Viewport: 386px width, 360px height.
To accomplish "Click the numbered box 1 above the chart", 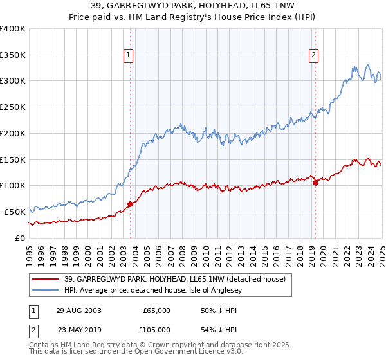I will [x=129, y=56].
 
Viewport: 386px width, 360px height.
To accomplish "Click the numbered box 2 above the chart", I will [x=314, y=56].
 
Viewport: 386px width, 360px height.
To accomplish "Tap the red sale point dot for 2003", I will [x=130, y=204].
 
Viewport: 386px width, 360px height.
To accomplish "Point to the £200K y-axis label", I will [x=13, y=133].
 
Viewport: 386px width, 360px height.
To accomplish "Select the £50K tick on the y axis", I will [x=15, y=212].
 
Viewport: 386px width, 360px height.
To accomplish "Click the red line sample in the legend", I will [x=46, y=278].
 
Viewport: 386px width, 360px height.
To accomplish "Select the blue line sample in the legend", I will [x=46, y=289].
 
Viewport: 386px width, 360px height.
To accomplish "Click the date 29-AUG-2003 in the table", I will [x=78, y=310].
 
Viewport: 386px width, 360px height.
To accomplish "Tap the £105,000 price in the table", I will [x=156, y=329].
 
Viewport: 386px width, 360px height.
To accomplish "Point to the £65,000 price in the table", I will [x=156, y=310].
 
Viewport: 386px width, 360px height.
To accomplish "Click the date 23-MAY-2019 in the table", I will [x=78, y=329].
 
